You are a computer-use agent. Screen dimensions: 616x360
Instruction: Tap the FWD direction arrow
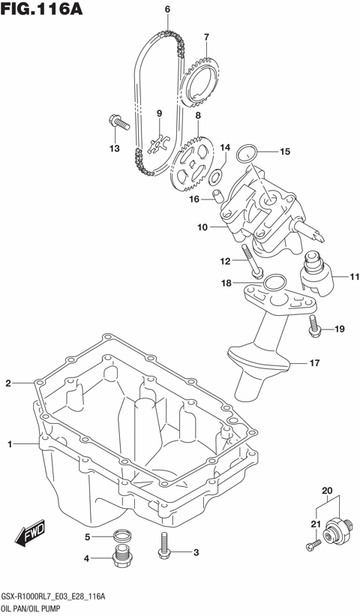[30, 536]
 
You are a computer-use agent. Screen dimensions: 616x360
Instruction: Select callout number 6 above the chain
[166, 10]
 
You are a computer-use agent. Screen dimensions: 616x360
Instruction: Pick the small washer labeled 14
[215, 177]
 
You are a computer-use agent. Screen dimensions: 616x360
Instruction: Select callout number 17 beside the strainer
[314, 363]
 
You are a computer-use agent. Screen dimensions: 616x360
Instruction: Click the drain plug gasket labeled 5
[120, 536]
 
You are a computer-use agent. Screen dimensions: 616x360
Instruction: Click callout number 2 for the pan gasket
[8, 383]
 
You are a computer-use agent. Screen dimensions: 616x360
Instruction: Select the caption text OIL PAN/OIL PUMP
[36, 607]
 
